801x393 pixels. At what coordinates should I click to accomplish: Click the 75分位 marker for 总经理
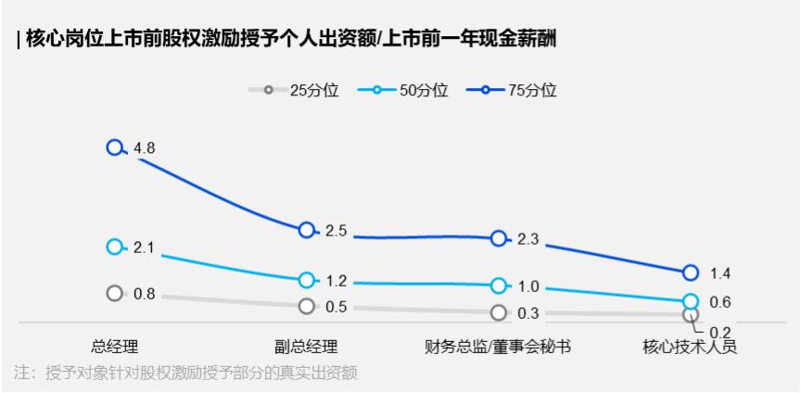[115, 147]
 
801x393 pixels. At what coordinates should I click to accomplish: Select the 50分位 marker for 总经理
[115, 247]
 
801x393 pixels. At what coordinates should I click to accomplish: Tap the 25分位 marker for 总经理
[115, 293]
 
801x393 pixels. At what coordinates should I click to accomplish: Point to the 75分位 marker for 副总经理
[307, 230]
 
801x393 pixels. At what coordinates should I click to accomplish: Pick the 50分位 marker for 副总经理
[307, 280]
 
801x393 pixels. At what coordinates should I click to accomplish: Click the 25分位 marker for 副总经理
[307, 306]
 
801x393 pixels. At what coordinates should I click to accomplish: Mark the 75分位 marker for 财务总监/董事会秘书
[499, 238]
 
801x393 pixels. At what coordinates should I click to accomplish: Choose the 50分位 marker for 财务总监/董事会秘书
[499, 285]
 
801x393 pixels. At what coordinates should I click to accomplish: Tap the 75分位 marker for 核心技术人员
[691, 273]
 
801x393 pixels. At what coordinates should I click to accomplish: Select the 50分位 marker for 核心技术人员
[691, 301]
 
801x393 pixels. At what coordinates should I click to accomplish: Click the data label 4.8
[144, 148]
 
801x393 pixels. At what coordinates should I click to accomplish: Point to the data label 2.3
[528, 239]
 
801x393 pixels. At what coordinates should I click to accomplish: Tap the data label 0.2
[720, 332]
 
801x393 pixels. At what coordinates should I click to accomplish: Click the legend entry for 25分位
[294, 91]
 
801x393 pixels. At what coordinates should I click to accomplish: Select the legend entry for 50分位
[402, 91]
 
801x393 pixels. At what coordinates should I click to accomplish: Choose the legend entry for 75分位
[512, 91]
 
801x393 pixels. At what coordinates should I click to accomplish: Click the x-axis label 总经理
[115, 347]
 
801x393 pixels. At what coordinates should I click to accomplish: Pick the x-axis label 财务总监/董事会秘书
[498, 347]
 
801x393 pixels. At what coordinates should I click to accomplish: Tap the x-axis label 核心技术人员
[690, 347]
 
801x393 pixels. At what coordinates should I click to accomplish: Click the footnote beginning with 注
[186, 373]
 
